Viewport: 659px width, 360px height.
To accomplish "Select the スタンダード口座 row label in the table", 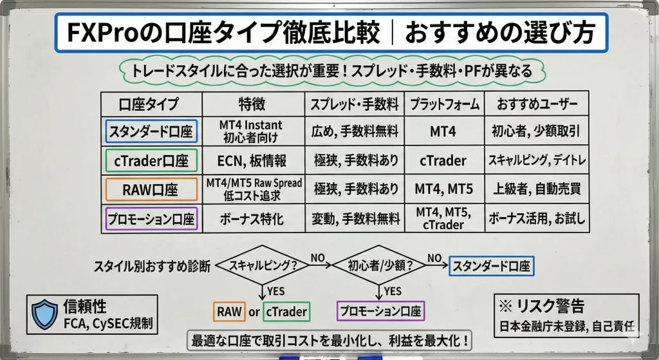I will tap(151, 131).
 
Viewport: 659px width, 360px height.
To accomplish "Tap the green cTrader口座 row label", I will tap(151, 160).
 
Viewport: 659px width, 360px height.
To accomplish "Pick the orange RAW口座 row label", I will tap(151, 189).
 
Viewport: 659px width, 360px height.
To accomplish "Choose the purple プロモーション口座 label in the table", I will tap(151, 218).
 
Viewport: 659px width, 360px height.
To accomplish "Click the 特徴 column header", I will tap(253, 104).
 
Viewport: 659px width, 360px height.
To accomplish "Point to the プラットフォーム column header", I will tap(443, 104).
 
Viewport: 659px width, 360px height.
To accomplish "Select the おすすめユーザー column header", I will tap(537, 104).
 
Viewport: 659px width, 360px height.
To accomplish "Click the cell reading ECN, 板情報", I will tap(253, 160).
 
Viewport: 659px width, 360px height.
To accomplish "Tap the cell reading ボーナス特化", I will tap(253, 218).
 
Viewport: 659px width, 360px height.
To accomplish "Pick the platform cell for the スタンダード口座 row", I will tap(443, 131).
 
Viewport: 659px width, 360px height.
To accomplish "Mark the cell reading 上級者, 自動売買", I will tap(537, 189).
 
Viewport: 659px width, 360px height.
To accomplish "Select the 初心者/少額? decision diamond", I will tap(379, 265).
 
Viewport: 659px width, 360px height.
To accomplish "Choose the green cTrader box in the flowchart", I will tap(285, 312).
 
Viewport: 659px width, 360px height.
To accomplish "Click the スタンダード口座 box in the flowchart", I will tap(492, 265).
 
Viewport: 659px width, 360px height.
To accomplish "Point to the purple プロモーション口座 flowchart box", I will tap(381, 312).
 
